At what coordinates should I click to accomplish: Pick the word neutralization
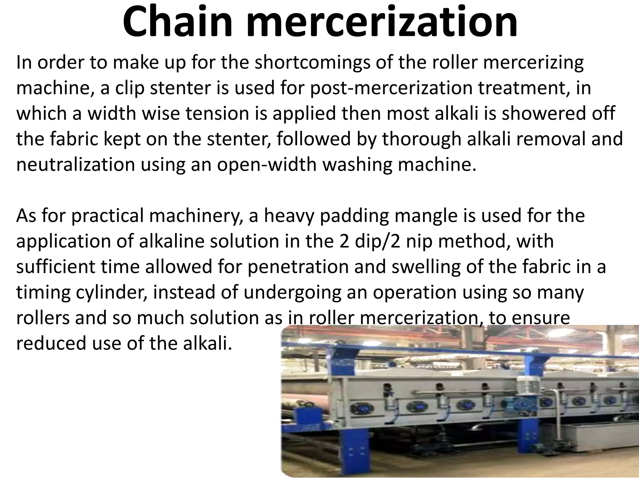click(x=75, y=165)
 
